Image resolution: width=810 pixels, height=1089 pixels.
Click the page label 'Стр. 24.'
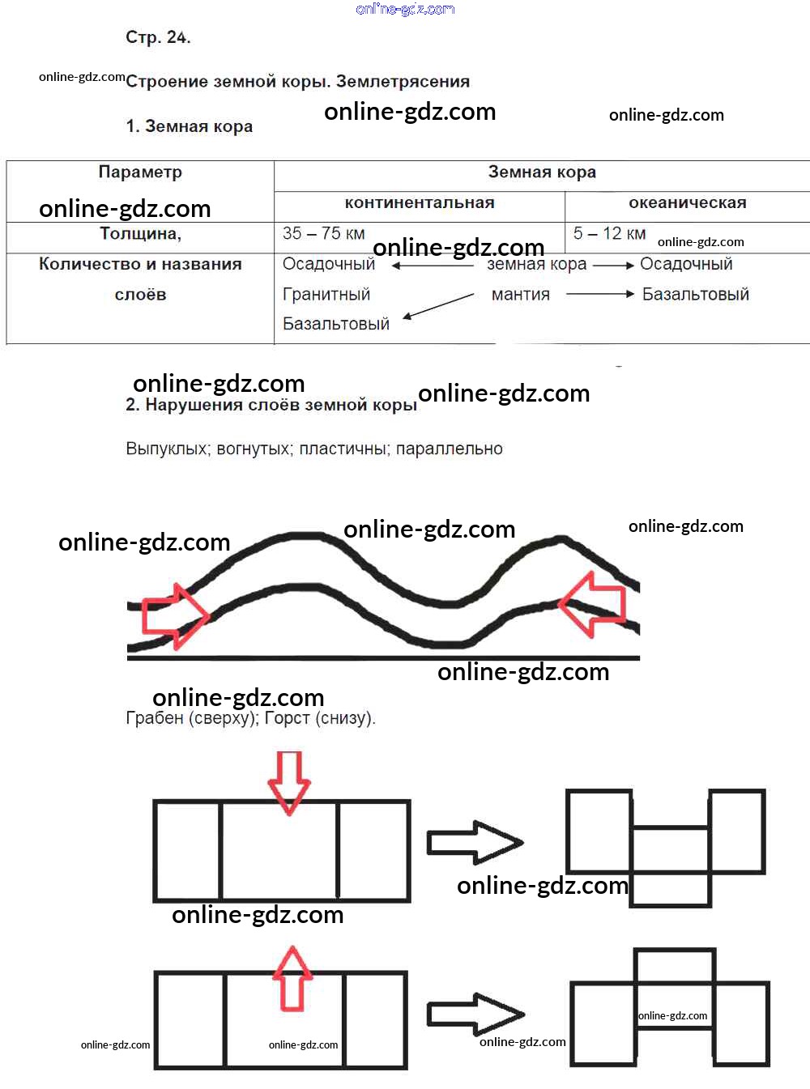tap(158, 37)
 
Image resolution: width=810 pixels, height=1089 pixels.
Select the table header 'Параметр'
tap(140, 172)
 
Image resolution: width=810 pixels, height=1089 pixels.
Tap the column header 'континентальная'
tap(420, 202)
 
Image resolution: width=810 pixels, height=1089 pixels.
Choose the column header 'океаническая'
tap(687, 202)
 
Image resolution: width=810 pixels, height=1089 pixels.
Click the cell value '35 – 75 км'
tap(324, 233)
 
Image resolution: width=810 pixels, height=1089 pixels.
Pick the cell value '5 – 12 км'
tap(609, 233)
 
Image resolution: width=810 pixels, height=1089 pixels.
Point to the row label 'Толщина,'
tap(140, 234)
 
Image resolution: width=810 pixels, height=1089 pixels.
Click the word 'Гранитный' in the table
tap(326, 294)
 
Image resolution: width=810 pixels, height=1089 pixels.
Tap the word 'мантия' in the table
tap(521, 295)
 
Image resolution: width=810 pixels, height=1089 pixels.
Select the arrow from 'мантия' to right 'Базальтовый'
tap(600, 294)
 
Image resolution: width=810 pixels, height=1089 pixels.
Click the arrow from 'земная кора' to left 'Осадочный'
tap(433, 266)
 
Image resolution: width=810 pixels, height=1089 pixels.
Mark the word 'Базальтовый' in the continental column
tap(336, 324)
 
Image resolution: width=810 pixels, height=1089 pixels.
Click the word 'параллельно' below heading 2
tap(449, 449)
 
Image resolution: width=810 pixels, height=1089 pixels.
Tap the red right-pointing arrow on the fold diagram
tap(175, 616)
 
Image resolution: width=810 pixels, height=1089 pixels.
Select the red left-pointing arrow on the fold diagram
tap(593, 604)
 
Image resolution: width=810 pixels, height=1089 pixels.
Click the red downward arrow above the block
tap(289, 783)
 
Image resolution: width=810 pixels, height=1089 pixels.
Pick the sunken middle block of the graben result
tap(670, 866)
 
